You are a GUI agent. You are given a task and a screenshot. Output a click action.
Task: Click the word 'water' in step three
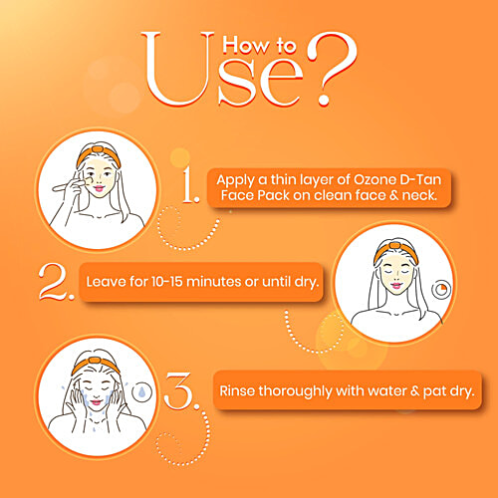click(x=373, y=389)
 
